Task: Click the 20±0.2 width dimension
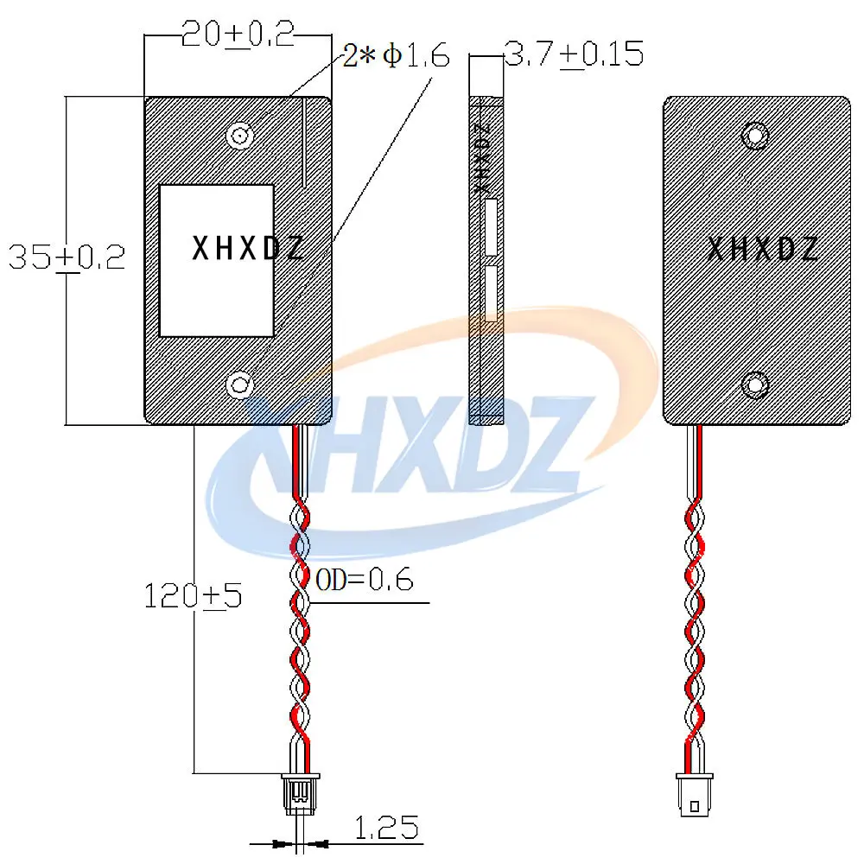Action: click(238, 35)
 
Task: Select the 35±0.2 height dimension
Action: click(67, 257)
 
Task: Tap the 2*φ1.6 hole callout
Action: click(396, 55)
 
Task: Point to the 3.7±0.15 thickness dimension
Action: click(574, 54)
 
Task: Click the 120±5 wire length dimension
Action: click(193, 595)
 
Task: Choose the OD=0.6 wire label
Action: click(365, 579)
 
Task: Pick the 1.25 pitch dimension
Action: click(385, 828)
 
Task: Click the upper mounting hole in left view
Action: click(240, 135)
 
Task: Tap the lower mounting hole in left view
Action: click(240, 384)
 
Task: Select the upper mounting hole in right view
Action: click(755, 136)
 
